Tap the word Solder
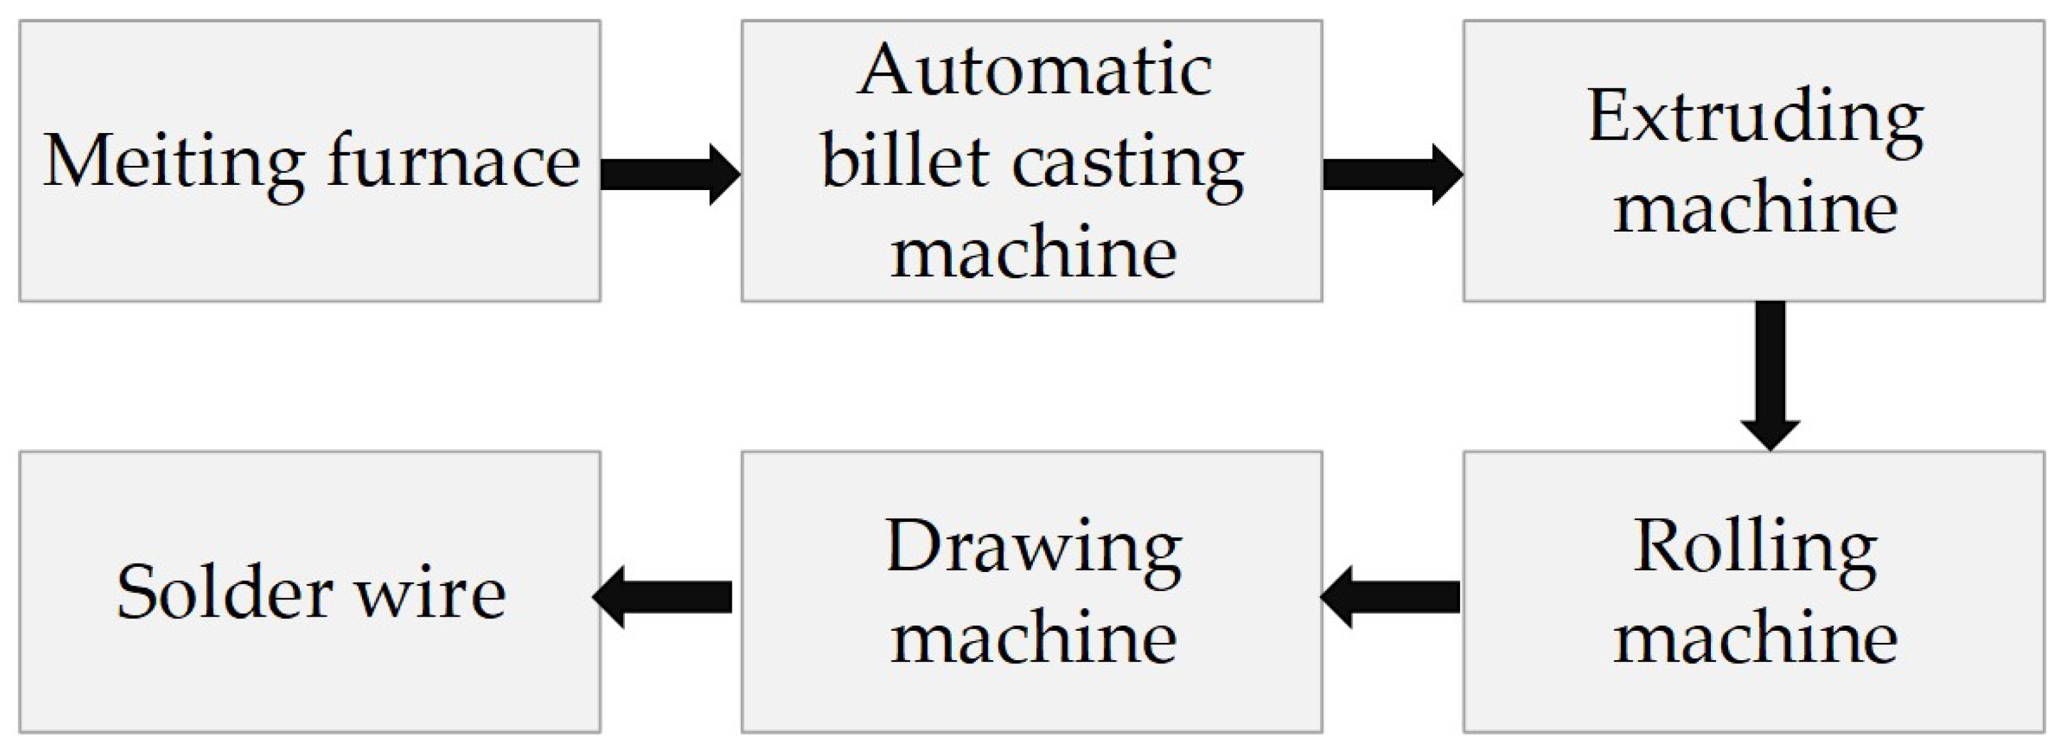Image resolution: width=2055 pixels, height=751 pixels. (224, 593)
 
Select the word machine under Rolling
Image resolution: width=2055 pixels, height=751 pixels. (1755, 638)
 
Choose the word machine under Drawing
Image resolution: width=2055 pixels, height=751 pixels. (1034, 638)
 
